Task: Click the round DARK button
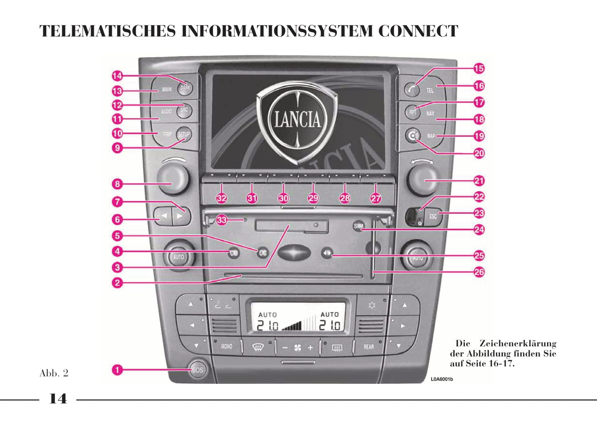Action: point(185,88)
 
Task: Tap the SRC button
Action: point(184,110)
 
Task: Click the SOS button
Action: point(198,369)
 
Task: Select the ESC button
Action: point(433,216)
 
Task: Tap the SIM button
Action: point(359,226)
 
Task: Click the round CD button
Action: point(234,253)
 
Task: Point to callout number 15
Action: point(479,69)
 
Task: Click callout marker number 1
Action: point(118,369)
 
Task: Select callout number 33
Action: point(222,220)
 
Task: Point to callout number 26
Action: point(479,272)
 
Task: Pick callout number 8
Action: point(118,184)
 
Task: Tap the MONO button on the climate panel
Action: point(226,346)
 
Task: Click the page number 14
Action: point(58,399)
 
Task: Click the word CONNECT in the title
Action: point(418,31)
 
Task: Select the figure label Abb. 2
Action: point(54,373)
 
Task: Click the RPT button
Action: point(412,112)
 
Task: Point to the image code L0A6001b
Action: point(442,379)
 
